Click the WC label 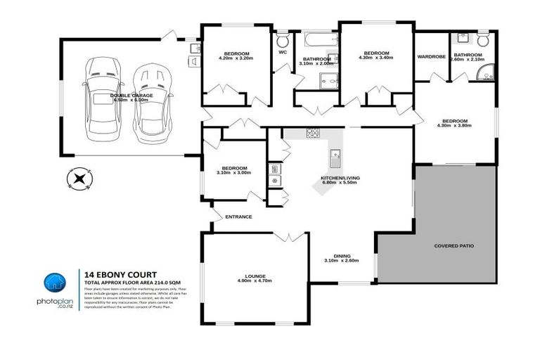click(x=283, y=52)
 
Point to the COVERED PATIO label click(x=454, y=246)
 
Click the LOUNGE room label click(x=254, y=275)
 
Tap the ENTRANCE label click(x=238, y=217)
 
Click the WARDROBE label click(x=431, y=56)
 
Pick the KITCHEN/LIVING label click(x=340, y=178)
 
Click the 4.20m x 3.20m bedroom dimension click(x=232, y=60)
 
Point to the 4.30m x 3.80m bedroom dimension click(x=454, y=126)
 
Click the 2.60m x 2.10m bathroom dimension click(x=467, y=60)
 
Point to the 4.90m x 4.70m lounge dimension click(x=254, y=281)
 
